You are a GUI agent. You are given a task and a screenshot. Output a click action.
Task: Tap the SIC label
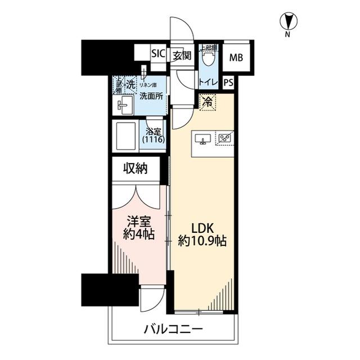pyautogui.click(x=158, y=55)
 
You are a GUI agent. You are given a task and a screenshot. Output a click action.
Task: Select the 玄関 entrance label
pyautogui.click(x=181, y=55)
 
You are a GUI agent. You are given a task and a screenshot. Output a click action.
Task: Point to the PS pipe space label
pyautogui.click(x=228, y=82)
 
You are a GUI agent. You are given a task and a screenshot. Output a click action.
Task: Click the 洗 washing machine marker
pyautogui.click(x=129, y=85)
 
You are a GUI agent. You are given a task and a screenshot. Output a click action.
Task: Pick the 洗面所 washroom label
pyautogui.click(x=152, y=96)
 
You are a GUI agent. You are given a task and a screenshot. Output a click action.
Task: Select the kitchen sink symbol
pyautogui.click(x=203, y=138)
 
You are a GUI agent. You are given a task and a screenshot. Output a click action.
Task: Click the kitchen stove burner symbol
pyautogui.click(x=225, y=138)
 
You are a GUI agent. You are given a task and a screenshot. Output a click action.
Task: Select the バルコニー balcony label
pyautogui.click(x=173, y=329)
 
